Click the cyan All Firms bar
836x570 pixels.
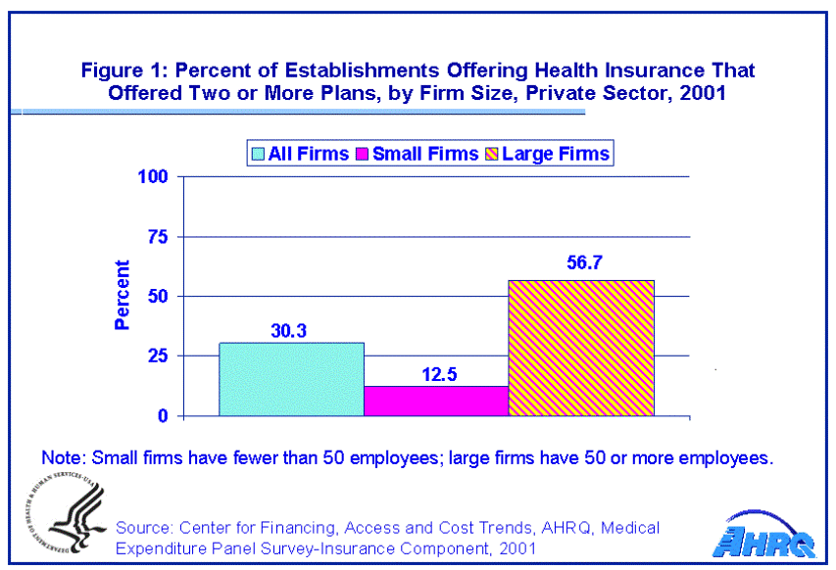291,379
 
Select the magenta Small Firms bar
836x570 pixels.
436,401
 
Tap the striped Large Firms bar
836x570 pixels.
580,348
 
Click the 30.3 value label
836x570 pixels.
290,330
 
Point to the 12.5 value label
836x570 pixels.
435,373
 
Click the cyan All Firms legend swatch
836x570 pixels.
259,154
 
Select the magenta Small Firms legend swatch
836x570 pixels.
363,154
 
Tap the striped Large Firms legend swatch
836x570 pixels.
491,154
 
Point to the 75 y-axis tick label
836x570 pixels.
158,237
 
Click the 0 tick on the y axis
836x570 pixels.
163,416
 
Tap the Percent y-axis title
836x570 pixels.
123,296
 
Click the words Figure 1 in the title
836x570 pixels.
121,71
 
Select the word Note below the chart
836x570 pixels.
61,457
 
